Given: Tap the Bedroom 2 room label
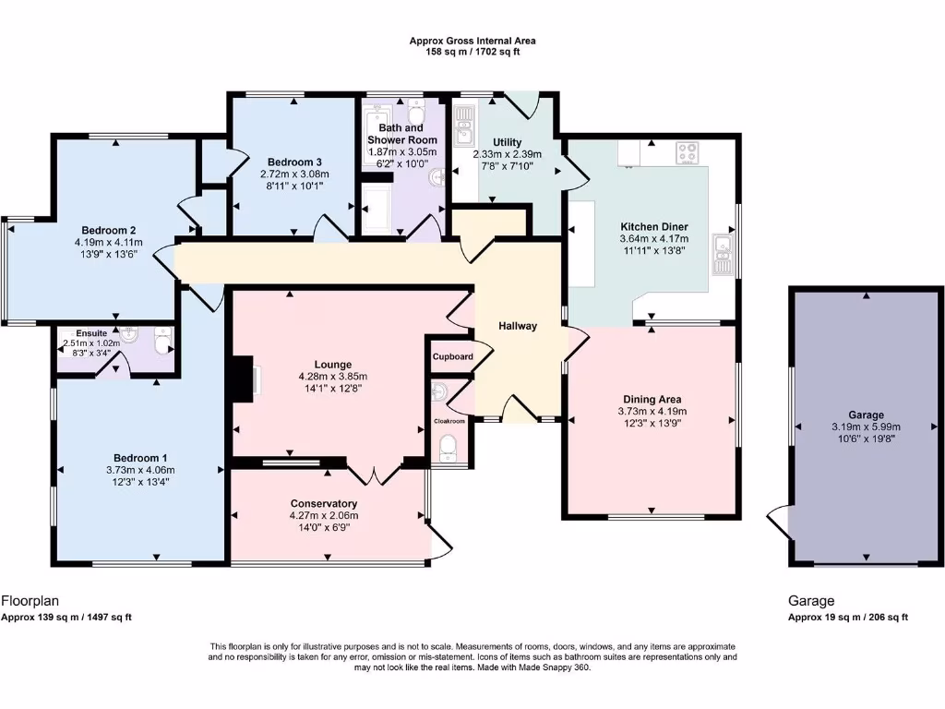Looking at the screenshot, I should click(x=109, y=230).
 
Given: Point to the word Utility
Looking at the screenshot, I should click(x=507, y=142).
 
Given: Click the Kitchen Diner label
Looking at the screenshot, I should click(x=654, y=226).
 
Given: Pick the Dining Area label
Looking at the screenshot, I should click(x=651, y=399).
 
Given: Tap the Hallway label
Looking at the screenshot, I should click(x=518, y=326).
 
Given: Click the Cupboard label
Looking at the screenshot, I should click(x=452, y=356).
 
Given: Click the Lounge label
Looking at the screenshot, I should click(x=332, y=365).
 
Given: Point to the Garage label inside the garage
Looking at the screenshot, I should click(x=866, y=415).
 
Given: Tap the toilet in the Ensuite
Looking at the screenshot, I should click(x=163, y=344).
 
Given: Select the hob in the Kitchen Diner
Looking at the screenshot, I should click(x=688, y=152).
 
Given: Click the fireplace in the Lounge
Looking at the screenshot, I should click(x=244, y=379).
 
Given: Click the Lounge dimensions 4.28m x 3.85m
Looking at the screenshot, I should click(x=332, y=377).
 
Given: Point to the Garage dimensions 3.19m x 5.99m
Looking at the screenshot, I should click(x=866, y=427).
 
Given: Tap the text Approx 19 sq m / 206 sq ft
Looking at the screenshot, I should click(x=847, y=618).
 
